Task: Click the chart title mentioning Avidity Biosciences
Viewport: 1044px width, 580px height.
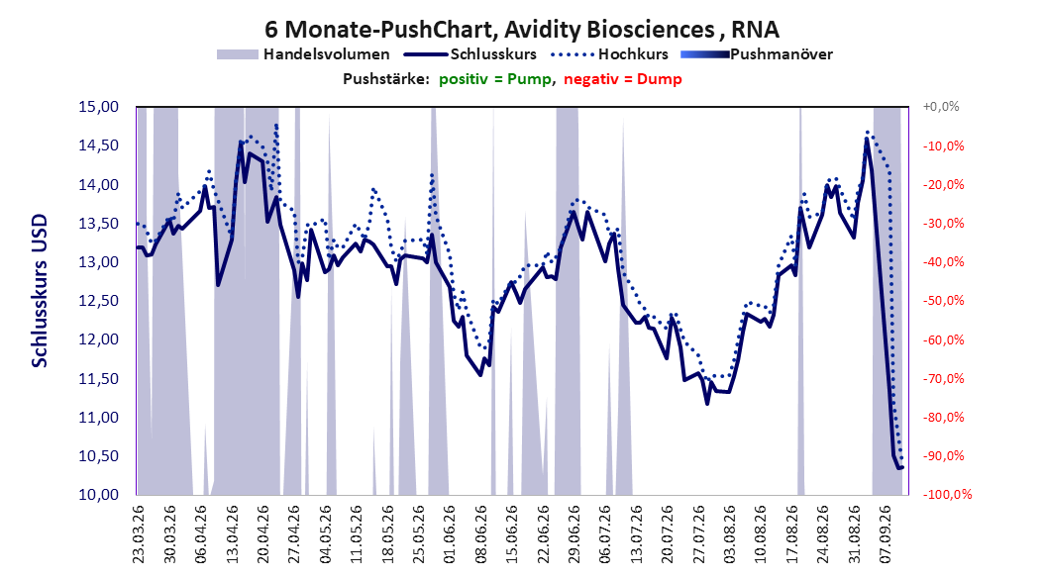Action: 522,30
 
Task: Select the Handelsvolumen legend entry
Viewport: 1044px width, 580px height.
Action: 303,54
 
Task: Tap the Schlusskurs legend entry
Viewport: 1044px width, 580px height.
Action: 470,54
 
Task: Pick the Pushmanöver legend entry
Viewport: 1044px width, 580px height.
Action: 757,54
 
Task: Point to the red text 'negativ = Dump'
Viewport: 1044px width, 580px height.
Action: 623,79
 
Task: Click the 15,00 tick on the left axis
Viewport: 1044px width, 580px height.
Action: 98,107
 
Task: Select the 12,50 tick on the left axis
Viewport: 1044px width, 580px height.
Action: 98,301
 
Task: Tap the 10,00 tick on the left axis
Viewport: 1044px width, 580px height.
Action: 98,494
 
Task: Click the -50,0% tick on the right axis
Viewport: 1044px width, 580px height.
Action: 943,301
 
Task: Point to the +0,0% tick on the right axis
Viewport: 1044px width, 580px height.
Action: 941,107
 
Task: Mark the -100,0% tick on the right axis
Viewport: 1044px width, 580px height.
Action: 947,494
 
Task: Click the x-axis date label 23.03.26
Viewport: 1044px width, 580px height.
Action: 139,534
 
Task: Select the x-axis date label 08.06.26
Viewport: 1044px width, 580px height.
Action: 480,534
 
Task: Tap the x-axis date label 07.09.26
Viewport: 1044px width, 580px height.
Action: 886,534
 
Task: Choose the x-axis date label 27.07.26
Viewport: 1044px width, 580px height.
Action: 698,534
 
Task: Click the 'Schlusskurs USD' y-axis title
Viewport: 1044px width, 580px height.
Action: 40,291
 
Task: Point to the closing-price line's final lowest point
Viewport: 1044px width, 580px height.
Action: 898,468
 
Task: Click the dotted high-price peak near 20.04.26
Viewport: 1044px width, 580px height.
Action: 276,125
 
